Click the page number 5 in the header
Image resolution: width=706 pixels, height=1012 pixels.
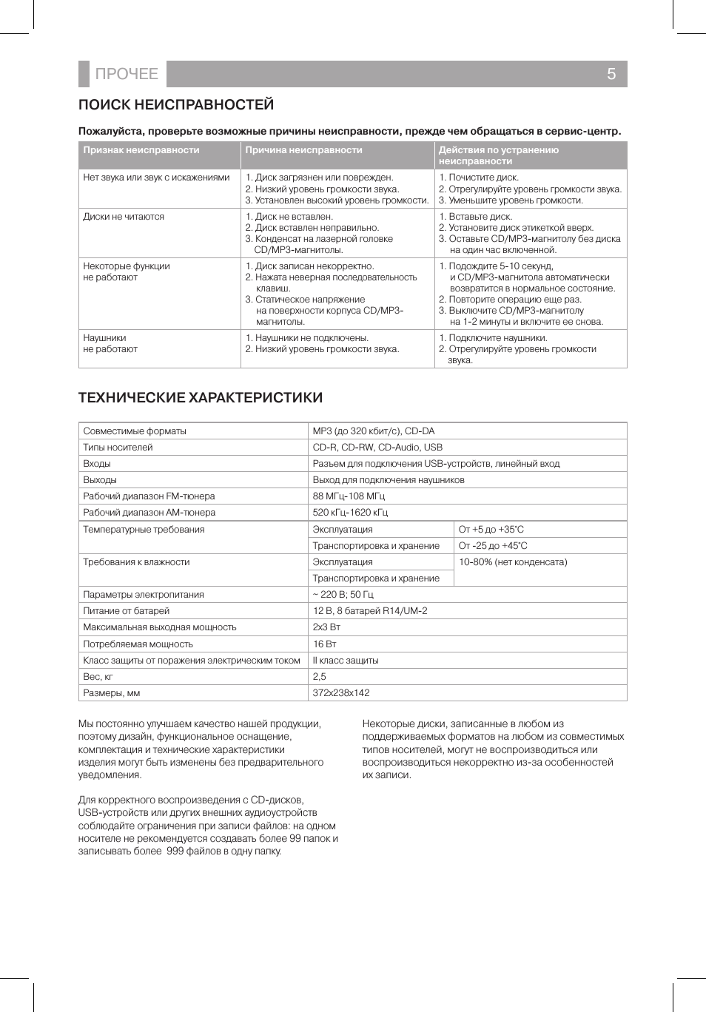tap(611, 74)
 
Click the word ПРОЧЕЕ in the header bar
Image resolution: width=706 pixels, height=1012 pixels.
tap(127, 74)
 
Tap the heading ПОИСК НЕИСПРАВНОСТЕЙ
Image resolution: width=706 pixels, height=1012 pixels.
tap(176, 105)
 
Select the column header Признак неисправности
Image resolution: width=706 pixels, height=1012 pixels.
tap(141, 150)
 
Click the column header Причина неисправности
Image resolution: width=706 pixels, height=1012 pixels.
tap(303, 150)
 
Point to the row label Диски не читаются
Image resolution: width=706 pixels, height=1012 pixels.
tap(124, 217)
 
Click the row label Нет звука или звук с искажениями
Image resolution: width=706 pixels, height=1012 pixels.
tap(156, 178)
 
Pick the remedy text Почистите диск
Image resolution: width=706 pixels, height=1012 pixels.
tap(483, 178)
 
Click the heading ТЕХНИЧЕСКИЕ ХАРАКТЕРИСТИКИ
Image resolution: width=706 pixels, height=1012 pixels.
tap(201, 398)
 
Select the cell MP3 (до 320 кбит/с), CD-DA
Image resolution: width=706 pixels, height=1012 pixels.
tap(374, 431)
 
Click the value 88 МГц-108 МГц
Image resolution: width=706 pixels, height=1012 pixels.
tap(349, 496)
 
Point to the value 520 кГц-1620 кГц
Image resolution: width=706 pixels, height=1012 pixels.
tap(350, 513)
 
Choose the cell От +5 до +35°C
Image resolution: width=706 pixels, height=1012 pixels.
tap(491, 530)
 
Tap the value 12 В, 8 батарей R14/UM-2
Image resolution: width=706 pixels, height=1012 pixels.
tap(370, 611)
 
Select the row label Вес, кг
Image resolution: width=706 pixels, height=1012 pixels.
tap(98, 677)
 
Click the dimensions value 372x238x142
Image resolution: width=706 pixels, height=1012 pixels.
tap(341, 693)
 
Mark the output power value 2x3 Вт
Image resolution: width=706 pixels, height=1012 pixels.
tap(326, 627)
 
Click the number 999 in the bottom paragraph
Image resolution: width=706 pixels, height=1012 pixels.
tap(175, 851)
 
